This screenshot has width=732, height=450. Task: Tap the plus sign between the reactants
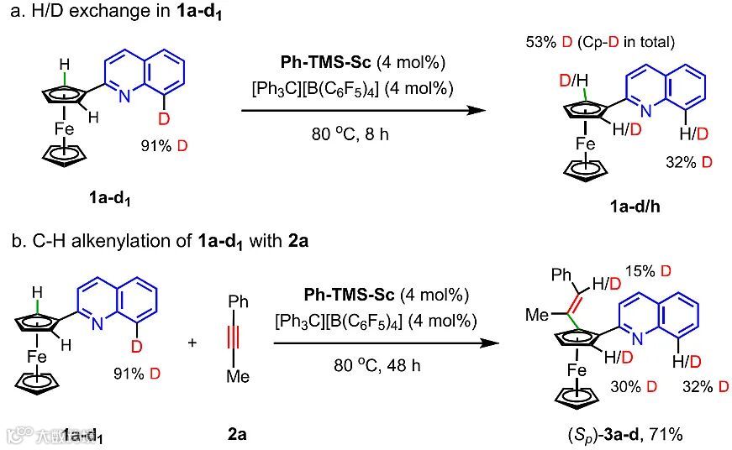tap(192, 343)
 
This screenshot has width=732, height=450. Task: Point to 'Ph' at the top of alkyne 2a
tap(239, 301)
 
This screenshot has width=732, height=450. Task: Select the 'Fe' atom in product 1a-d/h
tap(586, 144)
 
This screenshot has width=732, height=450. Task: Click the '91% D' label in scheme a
tap(165, 146)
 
